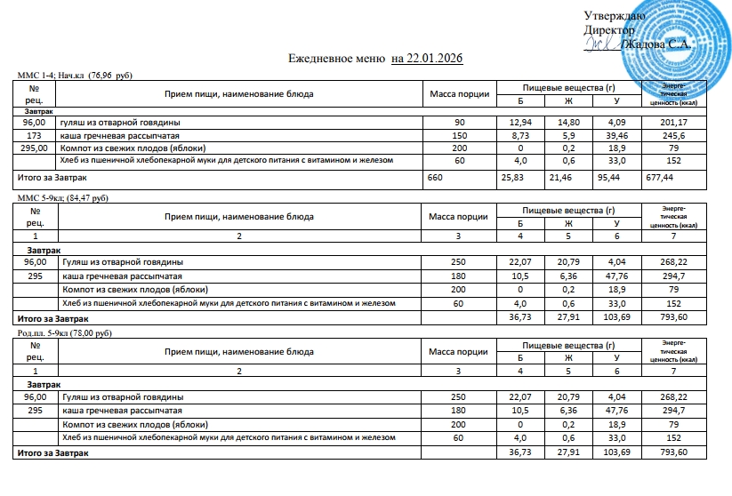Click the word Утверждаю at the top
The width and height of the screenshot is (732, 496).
pyautogui.click(x=615, y=16)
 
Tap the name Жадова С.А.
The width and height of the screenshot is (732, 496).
pyautogui.click(x=656, y=44)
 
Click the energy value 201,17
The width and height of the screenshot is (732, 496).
pyautogui.click(x=673, y=121)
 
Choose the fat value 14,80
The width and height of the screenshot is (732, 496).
pyautogui.click(x=569, y=121)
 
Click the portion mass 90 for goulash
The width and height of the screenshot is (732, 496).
pyautogui.click(x=459, y=121)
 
